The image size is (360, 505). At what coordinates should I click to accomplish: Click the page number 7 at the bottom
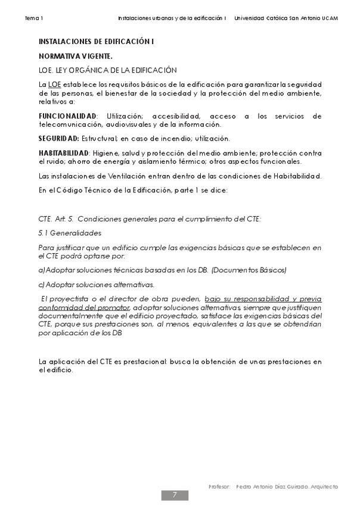coord(175,495)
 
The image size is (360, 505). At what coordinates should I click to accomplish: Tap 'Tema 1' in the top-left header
coord(34,18)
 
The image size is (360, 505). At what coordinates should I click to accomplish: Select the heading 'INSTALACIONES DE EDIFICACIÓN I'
coord(96,43)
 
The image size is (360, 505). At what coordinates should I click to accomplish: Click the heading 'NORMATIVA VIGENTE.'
coord(75,56)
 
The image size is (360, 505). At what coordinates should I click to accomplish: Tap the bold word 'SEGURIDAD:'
coord(59,139)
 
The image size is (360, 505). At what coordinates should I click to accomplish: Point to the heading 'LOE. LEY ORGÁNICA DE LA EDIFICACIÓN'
coord(107,70)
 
